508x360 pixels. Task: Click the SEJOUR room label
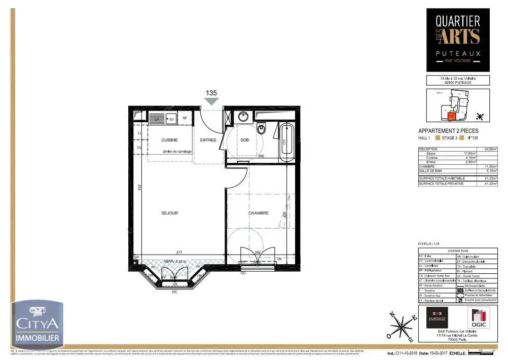click(x=170, y=213)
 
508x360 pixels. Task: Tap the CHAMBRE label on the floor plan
click(x=259, y=213)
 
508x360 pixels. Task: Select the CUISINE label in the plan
click(x=169, y=140)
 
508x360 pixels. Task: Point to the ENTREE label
click(x=208, y=140)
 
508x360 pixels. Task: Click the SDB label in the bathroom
click(x=245, y=140)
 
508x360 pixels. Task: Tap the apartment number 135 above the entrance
click(x=211, y=93)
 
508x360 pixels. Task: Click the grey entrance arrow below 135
click(x=211, y=101)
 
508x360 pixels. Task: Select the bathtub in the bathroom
click(x=286, y=142)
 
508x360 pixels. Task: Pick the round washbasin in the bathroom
click(x=241, y=115)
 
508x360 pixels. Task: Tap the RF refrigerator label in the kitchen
click(x=185, y=119)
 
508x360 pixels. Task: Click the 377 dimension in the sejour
click(x=179, y=252)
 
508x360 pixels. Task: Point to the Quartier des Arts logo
click(x=458, y=40)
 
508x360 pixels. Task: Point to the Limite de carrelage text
click(x=177, y=152)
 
